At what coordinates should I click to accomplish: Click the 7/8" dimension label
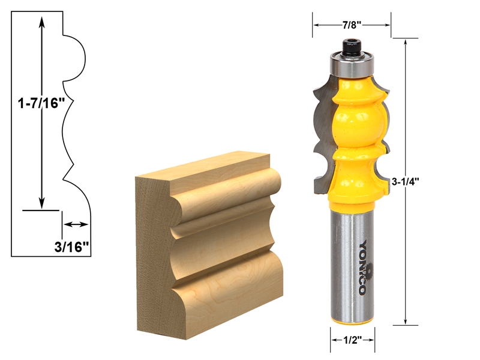click(352, 25)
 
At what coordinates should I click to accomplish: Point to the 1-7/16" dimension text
click(40, 103)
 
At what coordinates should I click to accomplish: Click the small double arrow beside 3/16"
click(75, 224)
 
